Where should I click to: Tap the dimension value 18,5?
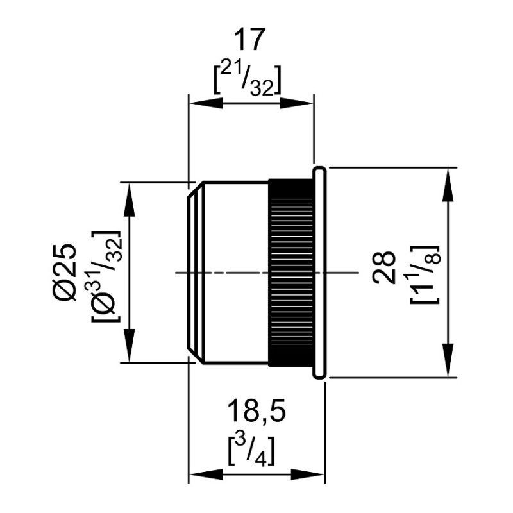point(256,412)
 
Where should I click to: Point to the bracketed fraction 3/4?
point(253,450)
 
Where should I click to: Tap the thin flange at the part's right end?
point(319,273)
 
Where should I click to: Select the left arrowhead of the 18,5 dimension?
point(198,475)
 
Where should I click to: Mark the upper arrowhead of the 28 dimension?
point(446,178)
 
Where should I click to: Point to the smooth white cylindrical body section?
point(234,273)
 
